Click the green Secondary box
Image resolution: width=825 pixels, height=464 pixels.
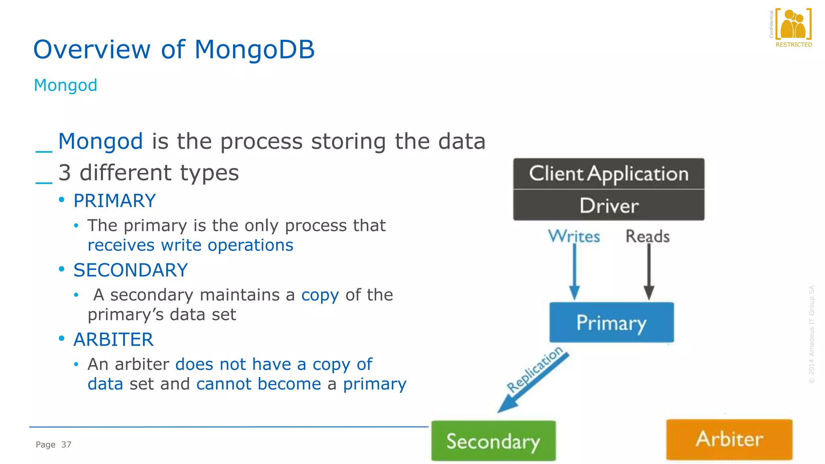pos(493,441)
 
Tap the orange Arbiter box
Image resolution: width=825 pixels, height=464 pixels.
pos(729,439)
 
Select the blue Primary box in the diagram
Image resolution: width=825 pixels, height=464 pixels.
pos(611,323)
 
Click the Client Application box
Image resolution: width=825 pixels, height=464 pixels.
pos(609,174)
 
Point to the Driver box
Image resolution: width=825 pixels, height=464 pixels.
pos(609,205)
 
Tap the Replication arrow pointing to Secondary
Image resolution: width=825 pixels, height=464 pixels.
pos(532,383)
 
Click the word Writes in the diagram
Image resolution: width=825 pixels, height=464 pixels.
pos(574,236)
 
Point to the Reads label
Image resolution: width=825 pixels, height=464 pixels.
pos(647,236)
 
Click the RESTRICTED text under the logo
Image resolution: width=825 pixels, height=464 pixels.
pos(794,45)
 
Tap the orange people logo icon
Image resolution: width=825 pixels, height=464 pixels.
pos(793,24)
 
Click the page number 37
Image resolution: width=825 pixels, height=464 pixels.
pos(66,445)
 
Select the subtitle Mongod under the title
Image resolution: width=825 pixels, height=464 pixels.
pos(65,85)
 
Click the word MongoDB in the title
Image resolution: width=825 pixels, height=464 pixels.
pos(254,50)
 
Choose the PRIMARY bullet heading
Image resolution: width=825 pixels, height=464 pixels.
pos(114,201)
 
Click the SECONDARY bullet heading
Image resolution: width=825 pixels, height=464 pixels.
pos(131,270)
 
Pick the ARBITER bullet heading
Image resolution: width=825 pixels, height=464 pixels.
pos(113,340)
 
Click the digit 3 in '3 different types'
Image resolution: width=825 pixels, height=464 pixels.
pos(64,173)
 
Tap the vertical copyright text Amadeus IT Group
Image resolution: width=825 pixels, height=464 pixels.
pos(812,334)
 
